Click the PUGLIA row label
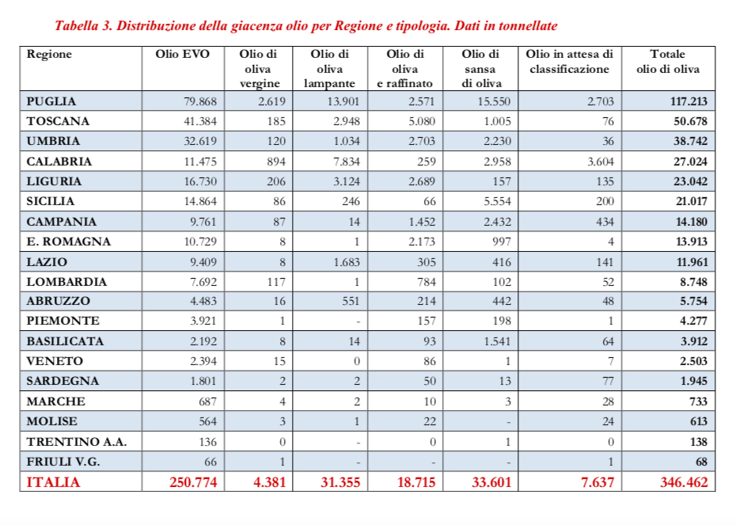[x=51, y=101]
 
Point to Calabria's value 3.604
[x=598, y=162]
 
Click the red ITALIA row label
[x=53, y=481]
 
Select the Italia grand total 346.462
[x=684, y=481]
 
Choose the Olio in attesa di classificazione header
[x=569, y=62]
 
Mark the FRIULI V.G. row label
[x=63, y=461]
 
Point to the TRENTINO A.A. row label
[x=76, y=441]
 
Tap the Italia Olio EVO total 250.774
[x=193, y=481]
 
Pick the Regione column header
[x=49, y=54]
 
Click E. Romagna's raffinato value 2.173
[x=420, y=242]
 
